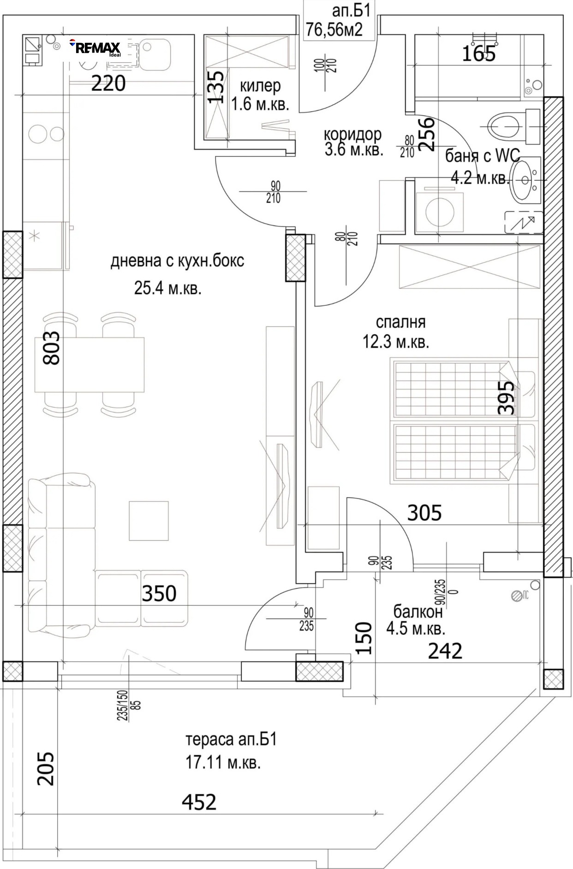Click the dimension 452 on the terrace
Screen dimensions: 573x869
pos(199,802)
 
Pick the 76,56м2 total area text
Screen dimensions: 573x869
pos(334,30)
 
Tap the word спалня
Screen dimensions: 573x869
pos(400,322)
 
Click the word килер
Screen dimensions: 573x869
pos(260,86)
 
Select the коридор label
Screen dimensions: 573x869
pos(352,135)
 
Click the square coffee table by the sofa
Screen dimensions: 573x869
pos(149,520)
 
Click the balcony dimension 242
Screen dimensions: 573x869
pos(445,651)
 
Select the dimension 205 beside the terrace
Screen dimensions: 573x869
pos(46,769)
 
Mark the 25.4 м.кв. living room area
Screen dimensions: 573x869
pos(168,289)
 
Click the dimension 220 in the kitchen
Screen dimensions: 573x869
pos(108,84)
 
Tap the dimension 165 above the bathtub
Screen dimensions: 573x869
pos(479,54)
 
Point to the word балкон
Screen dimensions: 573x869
pos(418,611)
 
